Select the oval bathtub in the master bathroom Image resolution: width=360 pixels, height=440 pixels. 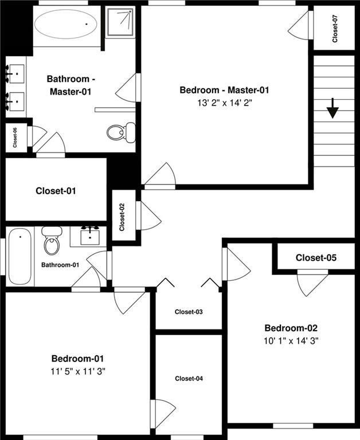pos(65,24)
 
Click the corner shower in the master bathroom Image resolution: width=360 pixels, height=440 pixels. pos(120,22)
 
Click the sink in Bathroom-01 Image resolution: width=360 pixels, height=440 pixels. pos(90,236)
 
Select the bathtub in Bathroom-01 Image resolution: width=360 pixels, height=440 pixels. pos(19,256)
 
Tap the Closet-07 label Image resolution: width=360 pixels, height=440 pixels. pos(335,28)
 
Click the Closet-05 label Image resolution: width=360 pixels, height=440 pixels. pos(316,258)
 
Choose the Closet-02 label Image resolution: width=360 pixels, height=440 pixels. pos(122,218)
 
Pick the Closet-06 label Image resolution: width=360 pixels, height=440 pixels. pos(15,137)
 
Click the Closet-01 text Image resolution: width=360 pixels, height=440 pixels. pos(56,191)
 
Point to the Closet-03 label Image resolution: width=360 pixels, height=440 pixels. pos(189,312)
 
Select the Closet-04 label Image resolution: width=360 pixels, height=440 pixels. pos(189,379)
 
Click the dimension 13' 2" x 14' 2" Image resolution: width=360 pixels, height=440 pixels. pos(224,103)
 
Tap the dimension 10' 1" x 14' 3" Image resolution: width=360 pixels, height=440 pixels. pos(291,340)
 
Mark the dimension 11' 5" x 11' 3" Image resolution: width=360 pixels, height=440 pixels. pos(78,371)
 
